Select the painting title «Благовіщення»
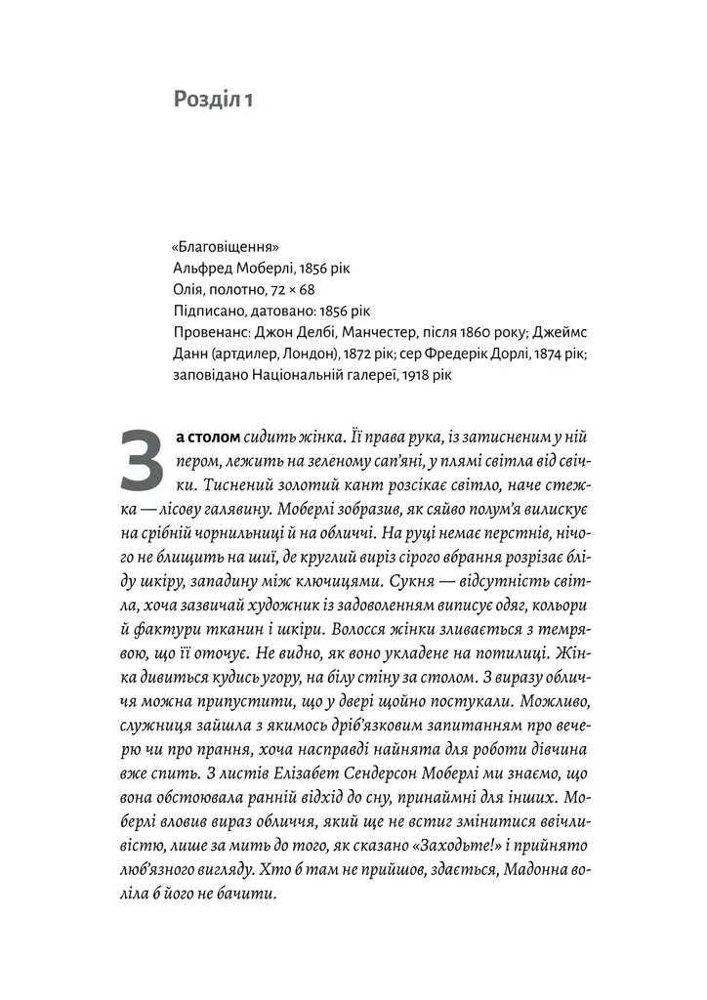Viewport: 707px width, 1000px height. click(x=218, y=245)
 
